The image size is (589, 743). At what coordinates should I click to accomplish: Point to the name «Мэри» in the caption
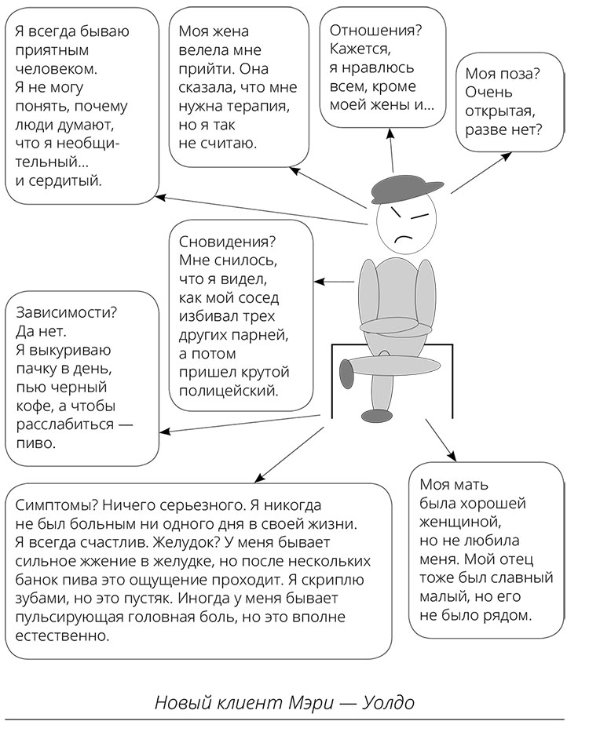305,702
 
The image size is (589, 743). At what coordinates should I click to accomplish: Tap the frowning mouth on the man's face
405,237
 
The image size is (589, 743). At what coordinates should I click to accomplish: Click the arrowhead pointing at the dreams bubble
320,281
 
